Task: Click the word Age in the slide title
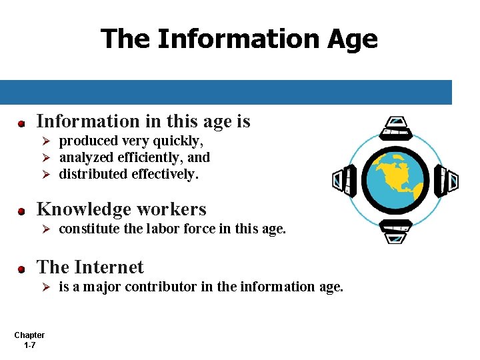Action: [x=352, y=39]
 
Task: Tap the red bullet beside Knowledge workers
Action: [x=21, y=211]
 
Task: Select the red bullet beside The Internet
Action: [x=21, y=269]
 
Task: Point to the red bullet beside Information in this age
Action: [x=21, y=123]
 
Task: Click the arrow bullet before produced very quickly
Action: [x=46, y=141]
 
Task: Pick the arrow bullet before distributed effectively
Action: [x=46, y=175]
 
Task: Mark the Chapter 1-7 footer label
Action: [x=29, y=340]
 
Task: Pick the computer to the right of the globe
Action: [x=448, y=180]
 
